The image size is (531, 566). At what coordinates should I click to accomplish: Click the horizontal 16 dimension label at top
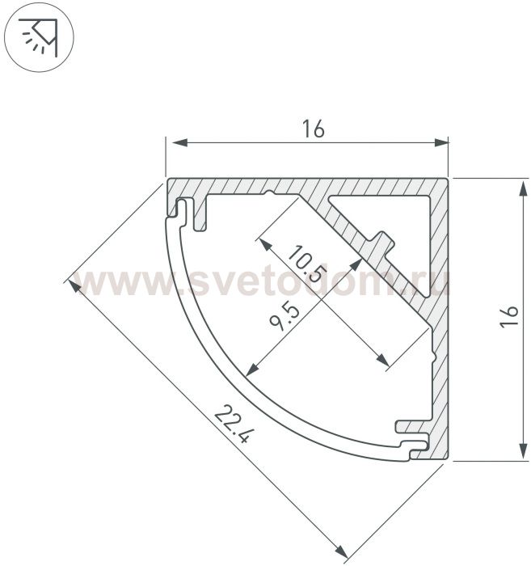[313, 129]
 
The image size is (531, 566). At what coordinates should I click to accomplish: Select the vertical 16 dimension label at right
[509, 317]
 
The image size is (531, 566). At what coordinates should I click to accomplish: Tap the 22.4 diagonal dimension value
[231, 424]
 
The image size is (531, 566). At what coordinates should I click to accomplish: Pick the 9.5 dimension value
[284, 318]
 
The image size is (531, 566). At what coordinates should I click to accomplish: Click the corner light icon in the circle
[39, 37]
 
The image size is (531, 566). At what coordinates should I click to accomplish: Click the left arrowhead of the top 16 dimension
[179, 143]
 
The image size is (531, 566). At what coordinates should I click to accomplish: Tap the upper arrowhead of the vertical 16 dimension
[523, 188]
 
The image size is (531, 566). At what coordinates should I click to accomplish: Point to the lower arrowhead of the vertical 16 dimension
[523, 451]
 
